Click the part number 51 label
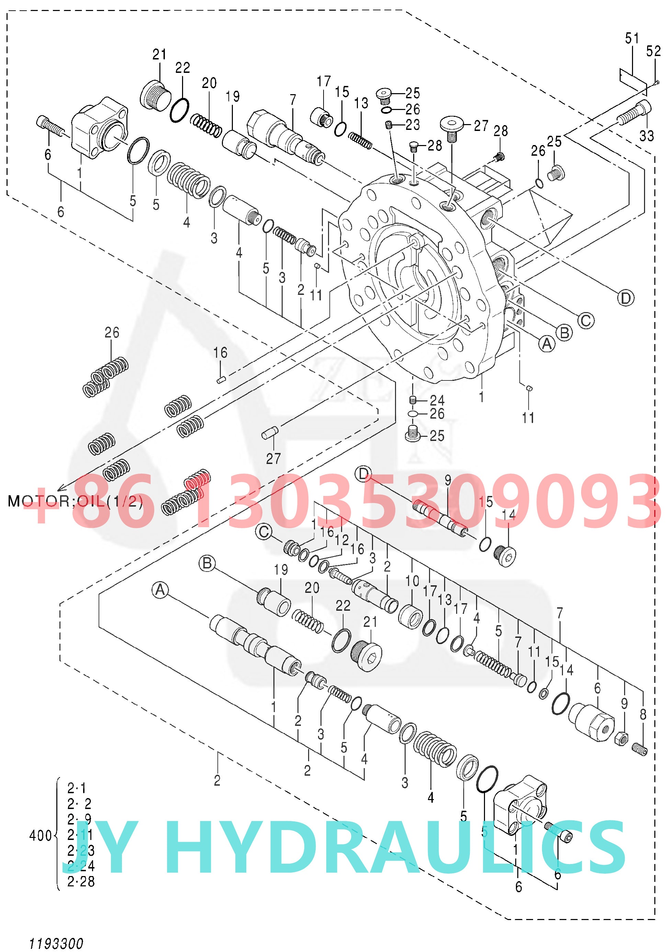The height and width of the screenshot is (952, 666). [632, 38]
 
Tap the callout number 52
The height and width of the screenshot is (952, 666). [654, 52]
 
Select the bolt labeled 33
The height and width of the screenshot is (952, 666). [634, 113]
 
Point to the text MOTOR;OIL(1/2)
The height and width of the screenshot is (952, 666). [76, 502]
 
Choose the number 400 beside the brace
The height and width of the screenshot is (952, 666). [40, 836]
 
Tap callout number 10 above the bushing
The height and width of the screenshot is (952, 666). [413, 581]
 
